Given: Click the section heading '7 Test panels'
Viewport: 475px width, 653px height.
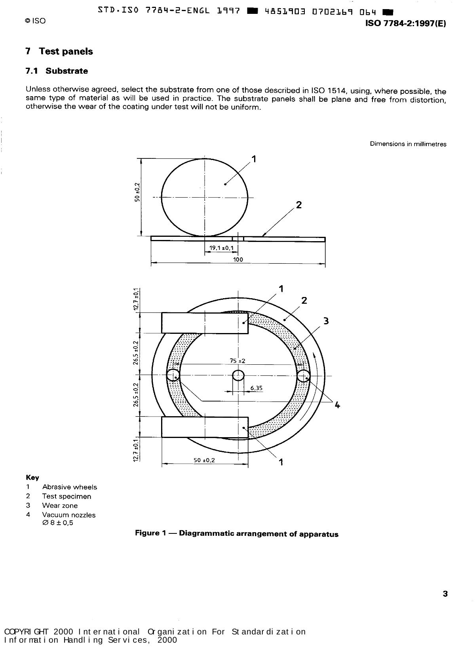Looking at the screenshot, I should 59,51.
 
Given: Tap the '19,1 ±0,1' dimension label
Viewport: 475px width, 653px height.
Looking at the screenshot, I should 221,248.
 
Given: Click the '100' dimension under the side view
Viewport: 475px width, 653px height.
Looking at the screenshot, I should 238,260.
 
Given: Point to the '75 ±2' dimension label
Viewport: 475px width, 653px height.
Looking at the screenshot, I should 237,361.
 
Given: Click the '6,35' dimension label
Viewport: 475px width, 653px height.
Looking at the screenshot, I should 256,388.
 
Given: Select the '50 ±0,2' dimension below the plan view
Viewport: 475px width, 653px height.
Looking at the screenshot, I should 204,461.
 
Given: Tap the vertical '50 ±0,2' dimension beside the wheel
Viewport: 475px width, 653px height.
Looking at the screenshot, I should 137,192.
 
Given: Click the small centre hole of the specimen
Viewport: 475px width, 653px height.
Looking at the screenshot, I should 238,375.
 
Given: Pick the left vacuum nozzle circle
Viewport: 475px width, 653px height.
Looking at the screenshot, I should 173,375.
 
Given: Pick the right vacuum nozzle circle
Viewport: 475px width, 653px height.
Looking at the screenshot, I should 303,375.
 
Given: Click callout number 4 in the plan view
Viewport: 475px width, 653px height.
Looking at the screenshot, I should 337,405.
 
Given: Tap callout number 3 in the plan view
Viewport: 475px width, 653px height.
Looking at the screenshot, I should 326,321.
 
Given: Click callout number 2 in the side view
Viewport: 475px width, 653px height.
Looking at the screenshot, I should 299,205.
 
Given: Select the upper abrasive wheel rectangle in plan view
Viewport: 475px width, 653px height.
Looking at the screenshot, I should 205,323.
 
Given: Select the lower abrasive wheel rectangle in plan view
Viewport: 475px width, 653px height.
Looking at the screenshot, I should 205,427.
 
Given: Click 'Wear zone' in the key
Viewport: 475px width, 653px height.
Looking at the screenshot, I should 60,506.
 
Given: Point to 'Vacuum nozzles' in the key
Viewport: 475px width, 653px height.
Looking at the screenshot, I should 69,515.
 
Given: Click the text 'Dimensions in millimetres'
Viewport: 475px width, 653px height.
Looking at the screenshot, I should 408,144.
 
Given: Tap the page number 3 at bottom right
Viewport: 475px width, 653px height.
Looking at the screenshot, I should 445,594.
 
